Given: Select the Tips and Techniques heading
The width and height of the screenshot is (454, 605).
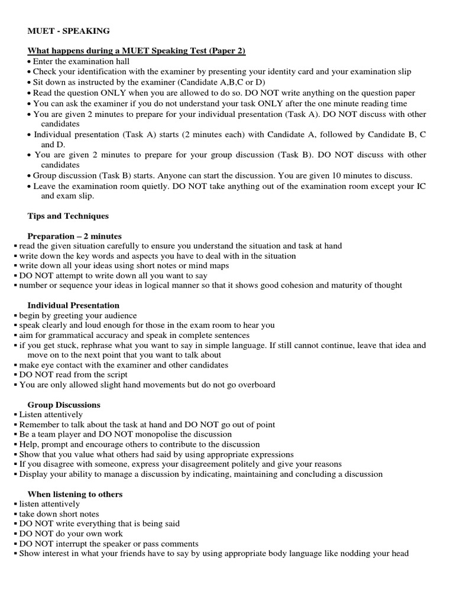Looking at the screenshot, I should (68, 216).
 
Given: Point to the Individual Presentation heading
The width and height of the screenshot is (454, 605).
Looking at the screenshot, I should (73, 305).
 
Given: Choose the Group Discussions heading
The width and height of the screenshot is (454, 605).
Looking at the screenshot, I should (64, 405).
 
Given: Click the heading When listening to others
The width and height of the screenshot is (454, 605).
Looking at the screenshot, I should (75, 494).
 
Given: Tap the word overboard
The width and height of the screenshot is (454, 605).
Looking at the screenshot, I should (255, 385).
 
